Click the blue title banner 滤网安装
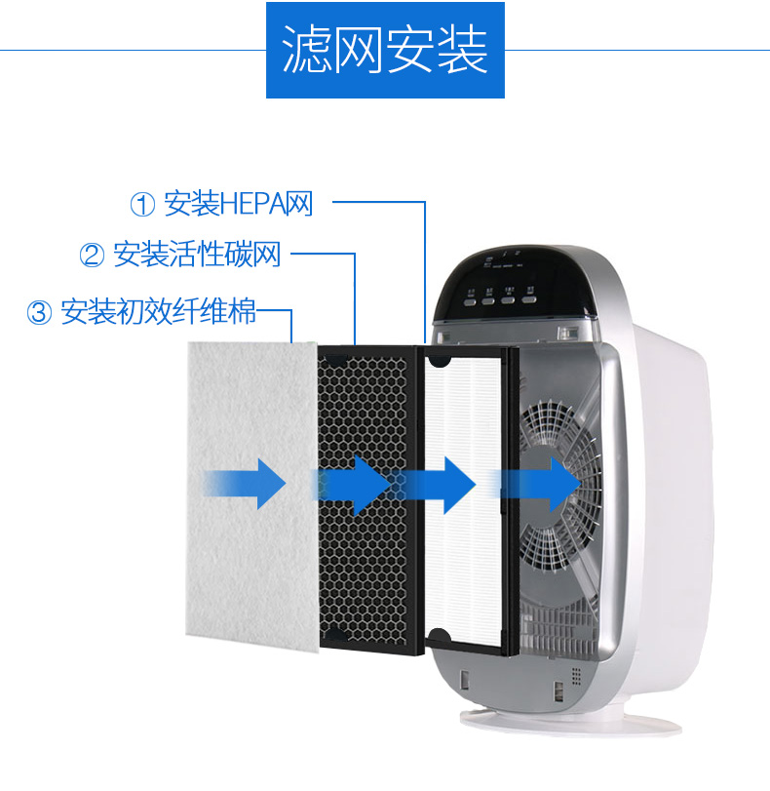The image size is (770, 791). [x=385, y=50]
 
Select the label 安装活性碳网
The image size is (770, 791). [x=197, y=257]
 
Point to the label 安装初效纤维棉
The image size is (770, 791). [x=158, y=312]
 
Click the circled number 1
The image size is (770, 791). [x=143, y=206]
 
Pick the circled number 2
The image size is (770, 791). [x=92, y=257]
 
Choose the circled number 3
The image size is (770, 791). [x=39, y=313]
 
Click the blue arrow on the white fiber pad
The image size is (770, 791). [x=245, y=482]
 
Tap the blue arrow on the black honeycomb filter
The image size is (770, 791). [x=352, y=482]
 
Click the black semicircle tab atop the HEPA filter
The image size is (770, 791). [x=440, y=359]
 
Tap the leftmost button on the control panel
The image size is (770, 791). [x=472, y=300]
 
